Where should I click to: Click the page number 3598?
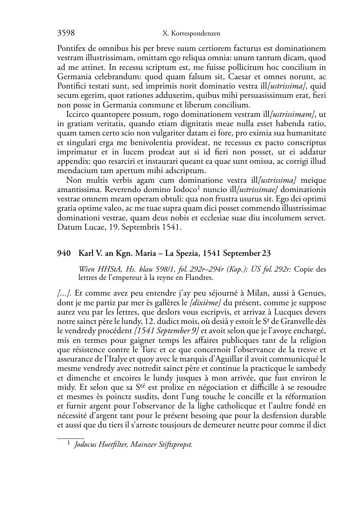(x=66, y=33)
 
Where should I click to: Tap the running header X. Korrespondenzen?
(x=191, y=34)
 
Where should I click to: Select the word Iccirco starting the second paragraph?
(x=78, y=115)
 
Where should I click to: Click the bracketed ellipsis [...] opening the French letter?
(x=65, y=293)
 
